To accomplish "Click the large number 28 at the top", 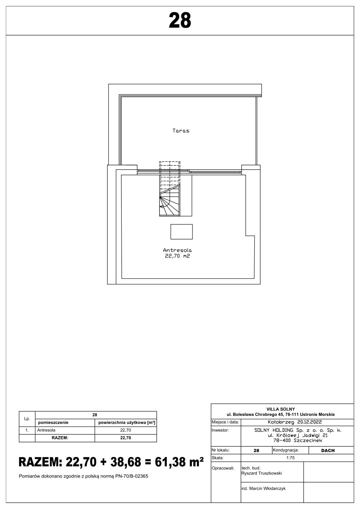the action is point(180,21).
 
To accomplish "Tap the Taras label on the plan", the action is point(181,131).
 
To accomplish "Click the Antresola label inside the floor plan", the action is point(177,250).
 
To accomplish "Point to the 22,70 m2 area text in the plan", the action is point(177,256).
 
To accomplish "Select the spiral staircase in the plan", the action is point(169,189).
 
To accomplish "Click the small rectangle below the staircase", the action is point(182,232).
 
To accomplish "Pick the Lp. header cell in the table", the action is point(27,419).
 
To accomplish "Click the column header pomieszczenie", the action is point(53,423).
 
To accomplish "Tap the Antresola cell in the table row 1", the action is point(46,430).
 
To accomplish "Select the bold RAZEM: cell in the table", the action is point(60,438).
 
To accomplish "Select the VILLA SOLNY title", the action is point(281,409).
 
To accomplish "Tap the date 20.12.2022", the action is point(310,422).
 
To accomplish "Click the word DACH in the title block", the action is point(328,450).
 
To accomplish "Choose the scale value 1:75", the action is point(290,458).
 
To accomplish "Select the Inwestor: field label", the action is point(220,430).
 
